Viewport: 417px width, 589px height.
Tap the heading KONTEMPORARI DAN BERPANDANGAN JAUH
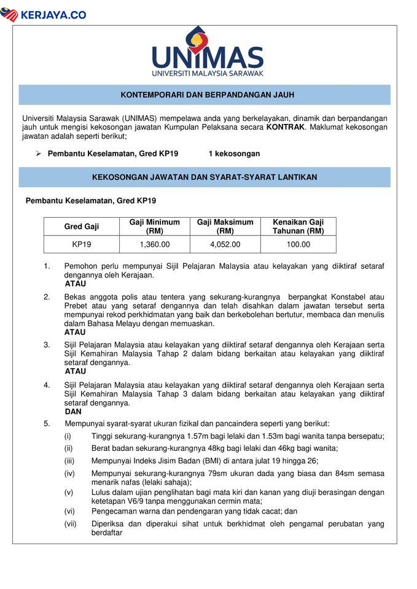pos(208,95)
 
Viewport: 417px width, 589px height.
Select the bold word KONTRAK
pos(285,127)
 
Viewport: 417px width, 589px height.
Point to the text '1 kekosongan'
pos(234,153)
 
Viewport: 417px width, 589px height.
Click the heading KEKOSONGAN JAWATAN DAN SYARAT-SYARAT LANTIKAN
pos(205,177)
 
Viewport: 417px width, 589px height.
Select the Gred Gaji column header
pos(82,226)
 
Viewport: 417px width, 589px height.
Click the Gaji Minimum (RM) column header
pos(155,226)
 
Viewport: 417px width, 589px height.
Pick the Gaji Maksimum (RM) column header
pos(225,226)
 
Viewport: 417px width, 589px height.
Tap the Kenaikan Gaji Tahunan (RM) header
pos(298,226)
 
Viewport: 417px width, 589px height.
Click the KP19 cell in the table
pos(82,244)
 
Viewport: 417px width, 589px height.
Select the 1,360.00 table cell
pos(155,244)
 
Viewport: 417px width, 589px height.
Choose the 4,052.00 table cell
pos(225,244)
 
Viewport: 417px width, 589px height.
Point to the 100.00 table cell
pos(298,244)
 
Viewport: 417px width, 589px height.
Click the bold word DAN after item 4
pos(73,412)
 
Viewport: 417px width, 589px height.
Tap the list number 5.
pos(47,423)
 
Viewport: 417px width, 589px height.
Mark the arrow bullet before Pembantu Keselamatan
pos(37,153)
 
